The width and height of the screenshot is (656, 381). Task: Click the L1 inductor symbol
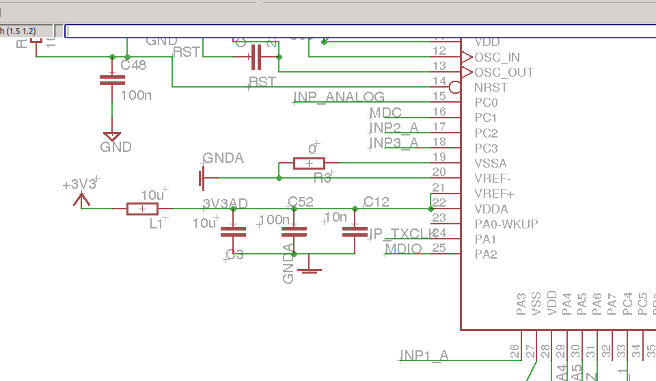click(x=142, y=209)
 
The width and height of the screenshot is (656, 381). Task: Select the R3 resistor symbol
click(x=309, y=163)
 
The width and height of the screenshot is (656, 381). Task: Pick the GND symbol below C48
click(x=112, y=136)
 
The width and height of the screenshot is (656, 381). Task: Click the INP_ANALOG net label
click(x=339, y=97)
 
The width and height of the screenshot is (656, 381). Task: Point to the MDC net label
click(x=385, y=113)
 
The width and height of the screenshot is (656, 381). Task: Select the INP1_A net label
click(x=424, y=355)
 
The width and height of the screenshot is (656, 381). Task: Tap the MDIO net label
click(x=403, y=248)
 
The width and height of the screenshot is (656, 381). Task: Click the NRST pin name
click(x=491, y=88)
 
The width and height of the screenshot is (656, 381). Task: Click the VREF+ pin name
click(x=494, y=194)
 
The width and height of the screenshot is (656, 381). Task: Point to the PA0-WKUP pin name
click(x=506, y=224)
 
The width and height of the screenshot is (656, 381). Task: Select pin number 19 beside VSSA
click(x=439, y=157)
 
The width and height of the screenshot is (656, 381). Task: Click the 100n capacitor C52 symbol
click(x=294, y=232)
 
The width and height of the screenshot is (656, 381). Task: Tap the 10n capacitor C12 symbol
click(x=354, y=232)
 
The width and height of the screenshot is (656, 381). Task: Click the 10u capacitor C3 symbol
click(x=233, y=232)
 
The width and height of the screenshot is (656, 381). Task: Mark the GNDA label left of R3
click(x=223, y=159)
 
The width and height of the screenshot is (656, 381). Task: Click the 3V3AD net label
click(x=225, y=204)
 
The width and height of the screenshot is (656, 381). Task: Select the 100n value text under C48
click(x=136, y=95)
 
